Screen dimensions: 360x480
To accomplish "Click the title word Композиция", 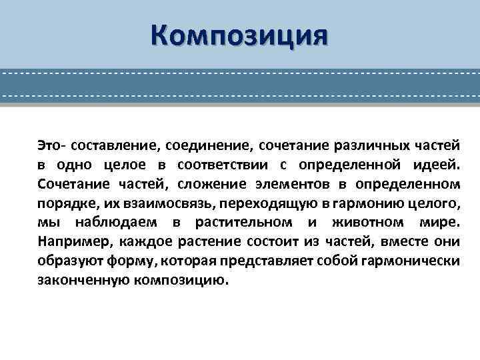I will (239, 35).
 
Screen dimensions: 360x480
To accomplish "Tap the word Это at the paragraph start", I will (49, 145).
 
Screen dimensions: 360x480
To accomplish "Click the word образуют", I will (64, 261).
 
